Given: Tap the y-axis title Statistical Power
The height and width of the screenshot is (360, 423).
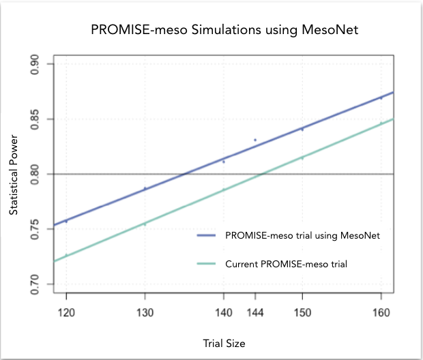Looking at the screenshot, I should click(x=14, y=174).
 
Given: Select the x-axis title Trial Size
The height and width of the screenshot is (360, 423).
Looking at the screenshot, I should click(x=222, y=344).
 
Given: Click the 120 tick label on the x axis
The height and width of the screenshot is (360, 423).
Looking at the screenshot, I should click(x=66, y=312).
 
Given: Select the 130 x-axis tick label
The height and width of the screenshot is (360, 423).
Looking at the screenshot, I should click(x=145, y=312).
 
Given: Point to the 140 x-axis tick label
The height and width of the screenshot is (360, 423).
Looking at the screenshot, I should click(x=223, y=312).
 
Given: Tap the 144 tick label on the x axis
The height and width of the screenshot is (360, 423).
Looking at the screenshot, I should click(x=255, y=312).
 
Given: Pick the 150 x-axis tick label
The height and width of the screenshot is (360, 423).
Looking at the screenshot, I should click(x=302, y=312).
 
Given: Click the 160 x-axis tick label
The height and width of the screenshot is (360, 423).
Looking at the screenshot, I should click(x=381, y=312).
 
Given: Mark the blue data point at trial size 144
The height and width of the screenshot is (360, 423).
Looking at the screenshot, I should click(x=255, y=140).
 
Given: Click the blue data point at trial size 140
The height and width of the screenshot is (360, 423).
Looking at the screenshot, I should click(x=224, y=162).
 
